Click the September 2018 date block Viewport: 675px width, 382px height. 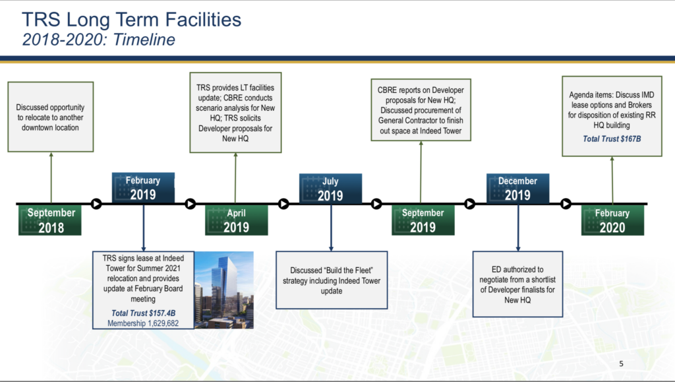tap(50, 220)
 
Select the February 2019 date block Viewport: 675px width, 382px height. tap(143, 188)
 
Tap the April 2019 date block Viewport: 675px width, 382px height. tap(237, 220)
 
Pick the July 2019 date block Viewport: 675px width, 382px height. tap(331, 188)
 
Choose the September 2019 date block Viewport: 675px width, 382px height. tap(423, 220)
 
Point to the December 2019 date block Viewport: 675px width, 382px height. tap(518, 188)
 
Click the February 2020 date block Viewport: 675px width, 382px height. tap(612, 220)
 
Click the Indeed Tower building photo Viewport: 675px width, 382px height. tap(224, 290)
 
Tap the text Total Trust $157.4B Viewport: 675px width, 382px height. tap(143, 313)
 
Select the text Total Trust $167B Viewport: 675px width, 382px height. tap(612, 139)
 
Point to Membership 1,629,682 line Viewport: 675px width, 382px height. tap(143, 323)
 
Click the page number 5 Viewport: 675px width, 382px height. tap(621, 364)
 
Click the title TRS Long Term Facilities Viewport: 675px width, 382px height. tap(131, 20)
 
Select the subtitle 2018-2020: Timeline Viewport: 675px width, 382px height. tap(99, 40)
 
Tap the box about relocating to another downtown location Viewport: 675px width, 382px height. tap(50, 117)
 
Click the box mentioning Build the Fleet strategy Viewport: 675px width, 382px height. tap(332, 280)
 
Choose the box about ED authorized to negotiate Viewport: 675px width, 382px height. tap(517, 284)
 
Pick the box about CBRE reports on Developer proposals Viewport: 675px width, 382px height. tap(421, 110)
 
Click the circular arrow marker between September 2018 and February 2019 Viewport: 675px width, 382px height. tap(96, 203)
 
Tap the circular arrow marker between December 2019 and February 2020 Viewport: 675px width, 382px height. tap(566, 203)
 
